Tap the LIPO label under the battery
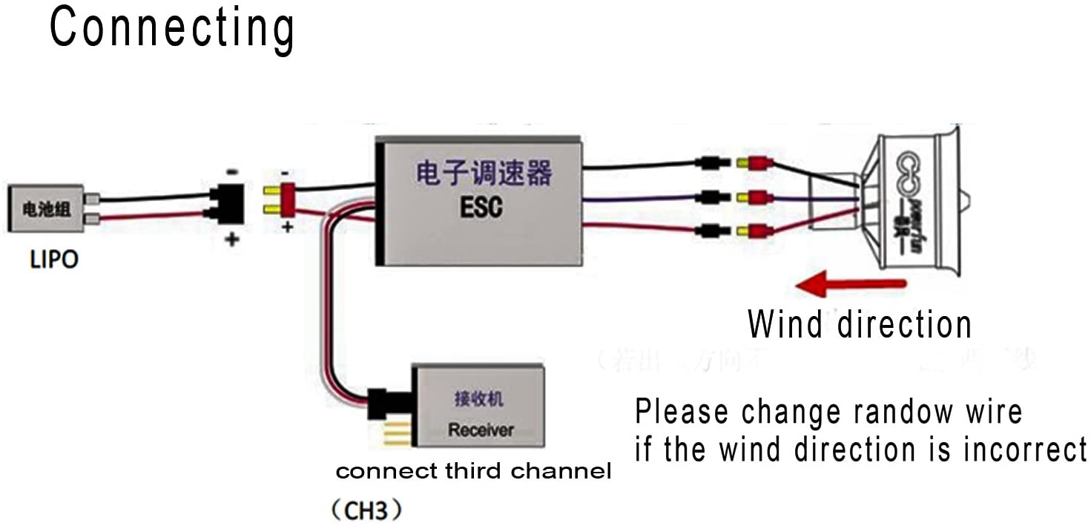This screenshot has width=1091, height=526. click(x=53, y=260)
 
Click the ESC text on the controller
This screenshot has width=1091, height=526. click(x=480, y=206)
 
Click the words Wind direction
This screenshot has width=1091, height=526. click(x=859, y=325)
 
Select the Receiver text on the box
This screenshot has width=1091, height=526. click(x=480, y=430)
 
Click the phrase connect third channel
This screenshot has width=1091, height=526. click(x=473, y=471)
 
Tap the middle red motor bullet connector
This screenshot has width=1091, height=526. click(x=756, y=198)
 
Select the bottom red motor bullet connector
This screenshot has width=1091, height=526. click(x=756, y=231)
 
